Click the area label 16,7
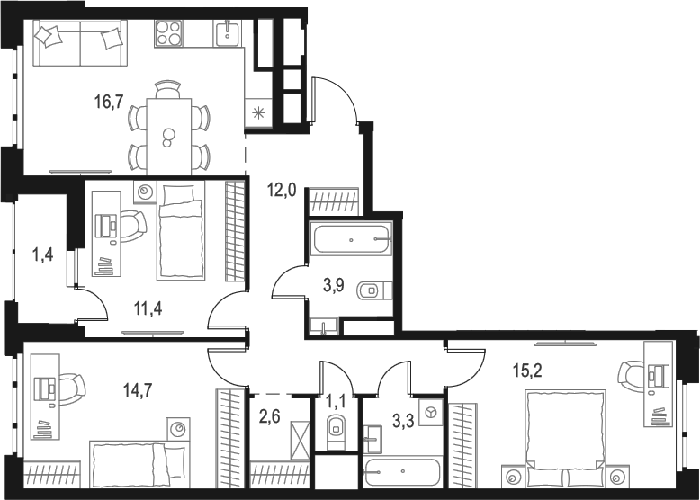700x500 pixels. point(109,101)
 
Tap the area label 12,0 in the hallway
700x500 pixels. point(281,190)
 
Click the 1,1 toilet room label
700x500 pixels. point(335,396)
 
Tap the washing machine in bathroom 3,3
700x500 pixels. point(430,411)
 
